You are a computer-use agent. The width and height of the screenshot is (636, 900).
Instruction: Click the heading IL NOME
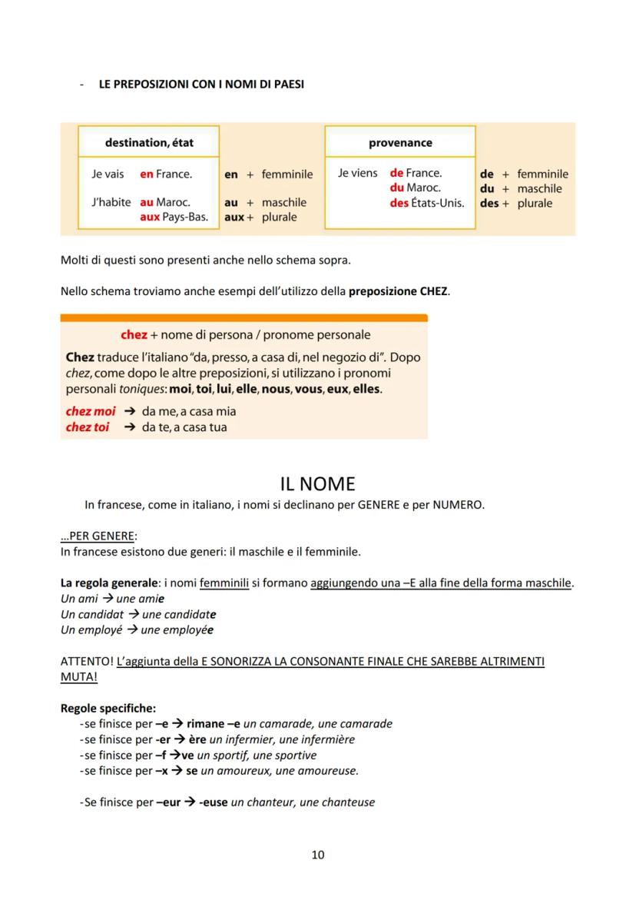pyautogui.click(x=317, y=483)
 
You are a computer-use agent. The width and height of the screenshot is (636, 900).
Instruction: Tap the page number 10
pyautogui.click(x=318, y=855)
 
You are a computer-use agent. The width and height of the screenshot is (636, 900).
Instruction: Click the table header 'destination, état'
pyautogui.click(x=149, y=142)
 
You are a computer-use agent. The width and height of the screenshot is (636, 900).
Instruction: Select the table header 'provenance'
pyautogui.click(x=400, y=142)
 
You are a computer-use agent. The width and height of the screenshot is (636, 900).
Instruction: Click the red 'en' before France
pyautogui.click(x=147, y=174)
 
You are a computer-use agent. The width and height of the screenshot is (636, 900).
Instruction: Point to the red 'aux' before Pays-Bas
pyautogui.click(x=150, y=218)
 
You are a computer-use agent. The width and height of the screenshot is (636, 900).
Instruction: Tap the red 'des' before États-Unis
pyautogui.click(x=399, y=204)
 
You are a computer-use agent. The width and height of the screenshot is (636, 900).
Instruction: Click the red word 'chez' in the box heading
pyautogui.click(x=134, y=335)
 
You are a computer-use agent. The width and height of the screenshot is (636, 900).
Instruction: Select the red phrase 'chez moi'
pyautogui.click(x=91, y=411)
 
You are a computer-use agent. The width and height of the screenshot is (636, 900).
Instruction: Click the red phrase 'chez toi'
pyautogui.click(x=88, y=427)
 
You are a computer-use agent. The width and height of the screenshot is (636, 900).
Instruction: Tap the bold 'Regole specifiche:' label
pyautogui.click(x=108, y=709)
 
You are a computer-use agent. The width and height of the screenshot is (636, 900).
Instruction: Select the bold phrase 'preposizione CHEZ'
pyautogui.click(x=398, y=291)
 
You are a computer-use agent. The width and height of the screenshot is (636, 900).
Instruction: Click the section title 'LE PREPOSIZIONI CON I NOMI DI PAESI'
pyautogui.click(x=201, y=85)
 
